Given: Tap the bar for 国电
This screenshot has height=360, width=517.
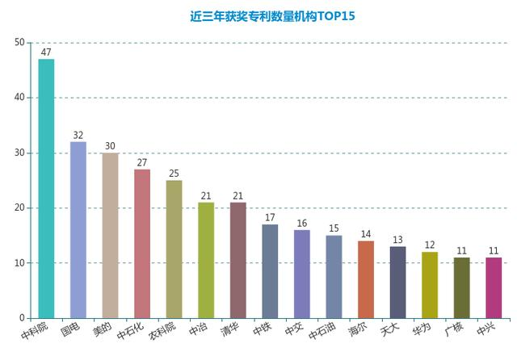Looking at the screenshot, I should coord(78,230).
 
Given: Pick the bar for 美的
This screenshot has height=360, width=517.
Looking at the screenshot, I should coord(110,235).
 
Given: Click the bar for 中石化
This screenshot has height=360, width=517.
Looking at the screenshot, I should coord(142,244).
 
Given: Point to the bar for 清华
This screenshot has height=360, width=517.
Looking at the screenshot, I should coord(238,260).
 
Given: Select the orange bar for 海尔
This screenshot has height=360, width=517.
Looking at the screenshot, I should coord(366,279).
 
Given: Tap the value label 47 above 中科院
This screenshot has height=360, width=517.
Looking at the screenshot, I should coord(46,52).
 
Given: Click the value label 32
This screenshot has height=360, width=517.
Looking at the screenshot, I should coord(78,135).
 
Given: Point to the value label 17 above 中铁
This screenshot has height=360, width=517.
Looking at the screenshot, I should coord(270,218).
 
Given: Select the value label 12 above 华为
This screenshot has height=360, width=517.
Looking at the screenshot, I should coord(430,245).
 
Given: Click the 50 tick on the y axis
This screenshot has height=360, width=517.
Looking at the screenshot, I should coord(19,42).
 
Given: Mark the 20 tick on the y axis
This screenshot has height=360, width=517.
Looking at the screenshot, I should coord(19,207).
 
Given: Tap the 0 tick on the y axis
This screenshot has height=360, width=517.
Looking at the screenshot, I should coord(21,318).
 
